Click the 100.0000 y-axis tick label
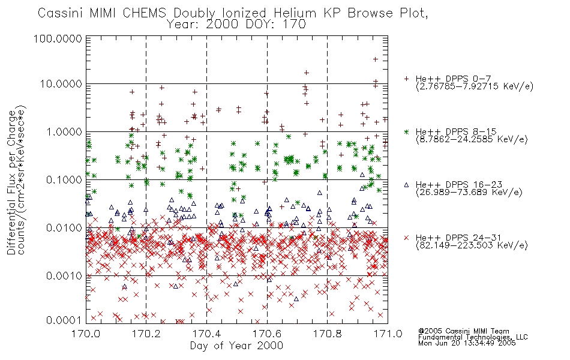(58, 38)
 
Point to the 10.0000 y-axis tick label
(61, 84)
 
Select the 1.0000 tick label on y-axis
(64, 131)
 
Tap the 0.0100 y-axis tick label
(64, 228)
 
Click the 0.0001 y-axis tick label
(64, 320)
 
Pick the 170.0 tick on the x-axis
(86, 334)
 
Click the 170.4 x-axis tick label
(206, 334)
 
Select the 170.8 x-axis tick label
(327, 334)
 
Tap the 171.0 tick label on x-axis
(388, 334)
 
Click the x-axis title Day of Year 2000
(236, 346)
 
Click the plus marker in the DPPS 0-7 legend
(406, 79)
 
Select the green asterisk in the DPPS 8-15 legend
(406, 131)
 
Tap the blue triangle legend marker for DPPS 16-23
(406, 185)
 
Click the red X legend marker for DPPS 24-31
(406, 238)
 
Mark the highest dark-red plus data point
(376, 59)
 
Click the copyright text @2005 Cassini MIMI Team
(464, 331)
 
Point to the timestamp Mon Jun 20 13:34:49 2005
(467, 343)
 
